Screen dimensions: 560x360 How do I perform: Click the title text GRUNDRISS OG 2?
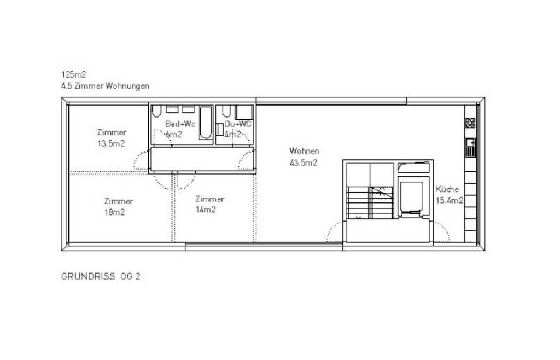pyautogui.click(x=101, y=276)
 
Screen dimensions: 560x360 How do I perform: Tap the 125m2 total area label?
pyautogui.click(x=74, y=74)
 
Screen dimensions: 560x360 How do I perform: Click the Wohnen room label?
pyautogui.click(x=304, y=151)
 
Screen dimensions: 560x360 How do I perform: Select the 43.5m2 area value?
pyautogui.click(x=304, y=163)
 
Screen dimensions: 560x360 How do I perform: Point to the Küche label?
pyautogui.click(x=447, y=189)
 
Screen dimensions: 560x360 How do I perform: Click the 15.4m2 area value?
pyautogui.click(x=450, y=200)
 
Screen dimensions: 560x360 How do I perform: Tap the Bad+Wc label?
pyautogui.click(x=180, y=124)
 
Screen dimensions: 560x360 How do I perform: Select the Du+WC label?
pyautogui.click(x=238, y=124)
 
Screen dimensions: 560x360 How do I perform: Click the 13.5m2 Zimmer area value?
pyautogui.click(x=111, y=143)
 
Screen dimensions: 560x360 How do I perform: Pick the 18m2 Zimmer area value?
pyautogui.click(x=115, y=212)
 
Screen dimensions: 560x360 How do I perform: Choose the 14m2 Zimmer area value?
pyautogui.click(x=206, y=210)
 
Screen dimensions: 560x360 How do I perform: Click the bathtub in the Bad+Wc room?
pyautogui.click(x=206, y=123)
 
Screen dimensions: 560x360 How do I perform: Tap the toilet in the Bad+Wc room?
pyautogui.click(x=156, y=111)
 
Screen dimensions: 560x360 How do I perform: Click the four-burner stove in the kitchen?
pyautogui.click(x=470, y=123)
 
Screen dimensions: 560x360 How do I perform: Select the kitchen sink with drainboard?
pyautogui.click(x=471, y=148)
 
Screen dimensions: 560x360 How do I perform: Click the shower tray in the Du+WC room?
pyautogui.click(x=244, y=113)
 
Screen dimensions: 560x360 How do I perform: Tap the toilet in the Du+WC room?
pyautogui.click(x=226, y=111)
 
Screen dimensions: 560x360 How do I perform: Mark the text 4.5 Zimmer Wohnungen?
pyautogui.click(x=105, y=86)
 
